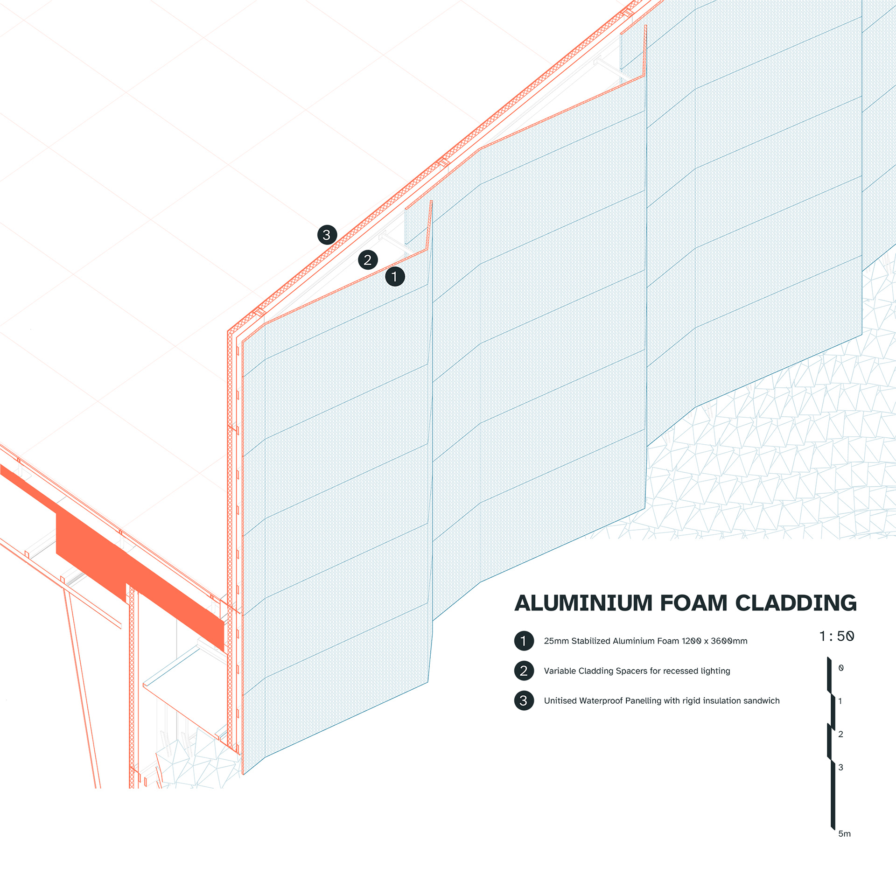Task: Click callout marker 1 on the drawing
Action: (x=395, y=276)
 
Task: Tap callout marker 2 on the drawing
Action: (x=368, y=260)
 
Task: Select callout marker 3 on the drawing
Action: (x=327, y=235)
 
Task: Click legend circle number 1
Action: (x=524, y=641)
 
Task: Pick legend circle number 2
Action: (x=524, y=671)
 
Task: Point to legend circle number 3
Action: (x=524, y=700)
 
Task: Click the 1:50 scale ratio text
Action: (x=837, y=636)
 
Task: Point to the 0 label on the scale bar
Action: (x=841, y=668)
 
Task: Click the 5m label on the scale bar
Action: (x=844, y=833)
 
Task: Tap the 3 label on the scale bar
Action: (x=840, y=767)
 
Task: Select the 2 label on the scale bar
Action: (x=840, y=734)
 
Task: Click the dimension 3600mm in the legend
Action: (x=729, y=641)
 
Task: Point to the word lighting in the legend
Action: (x=712, y=671)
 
